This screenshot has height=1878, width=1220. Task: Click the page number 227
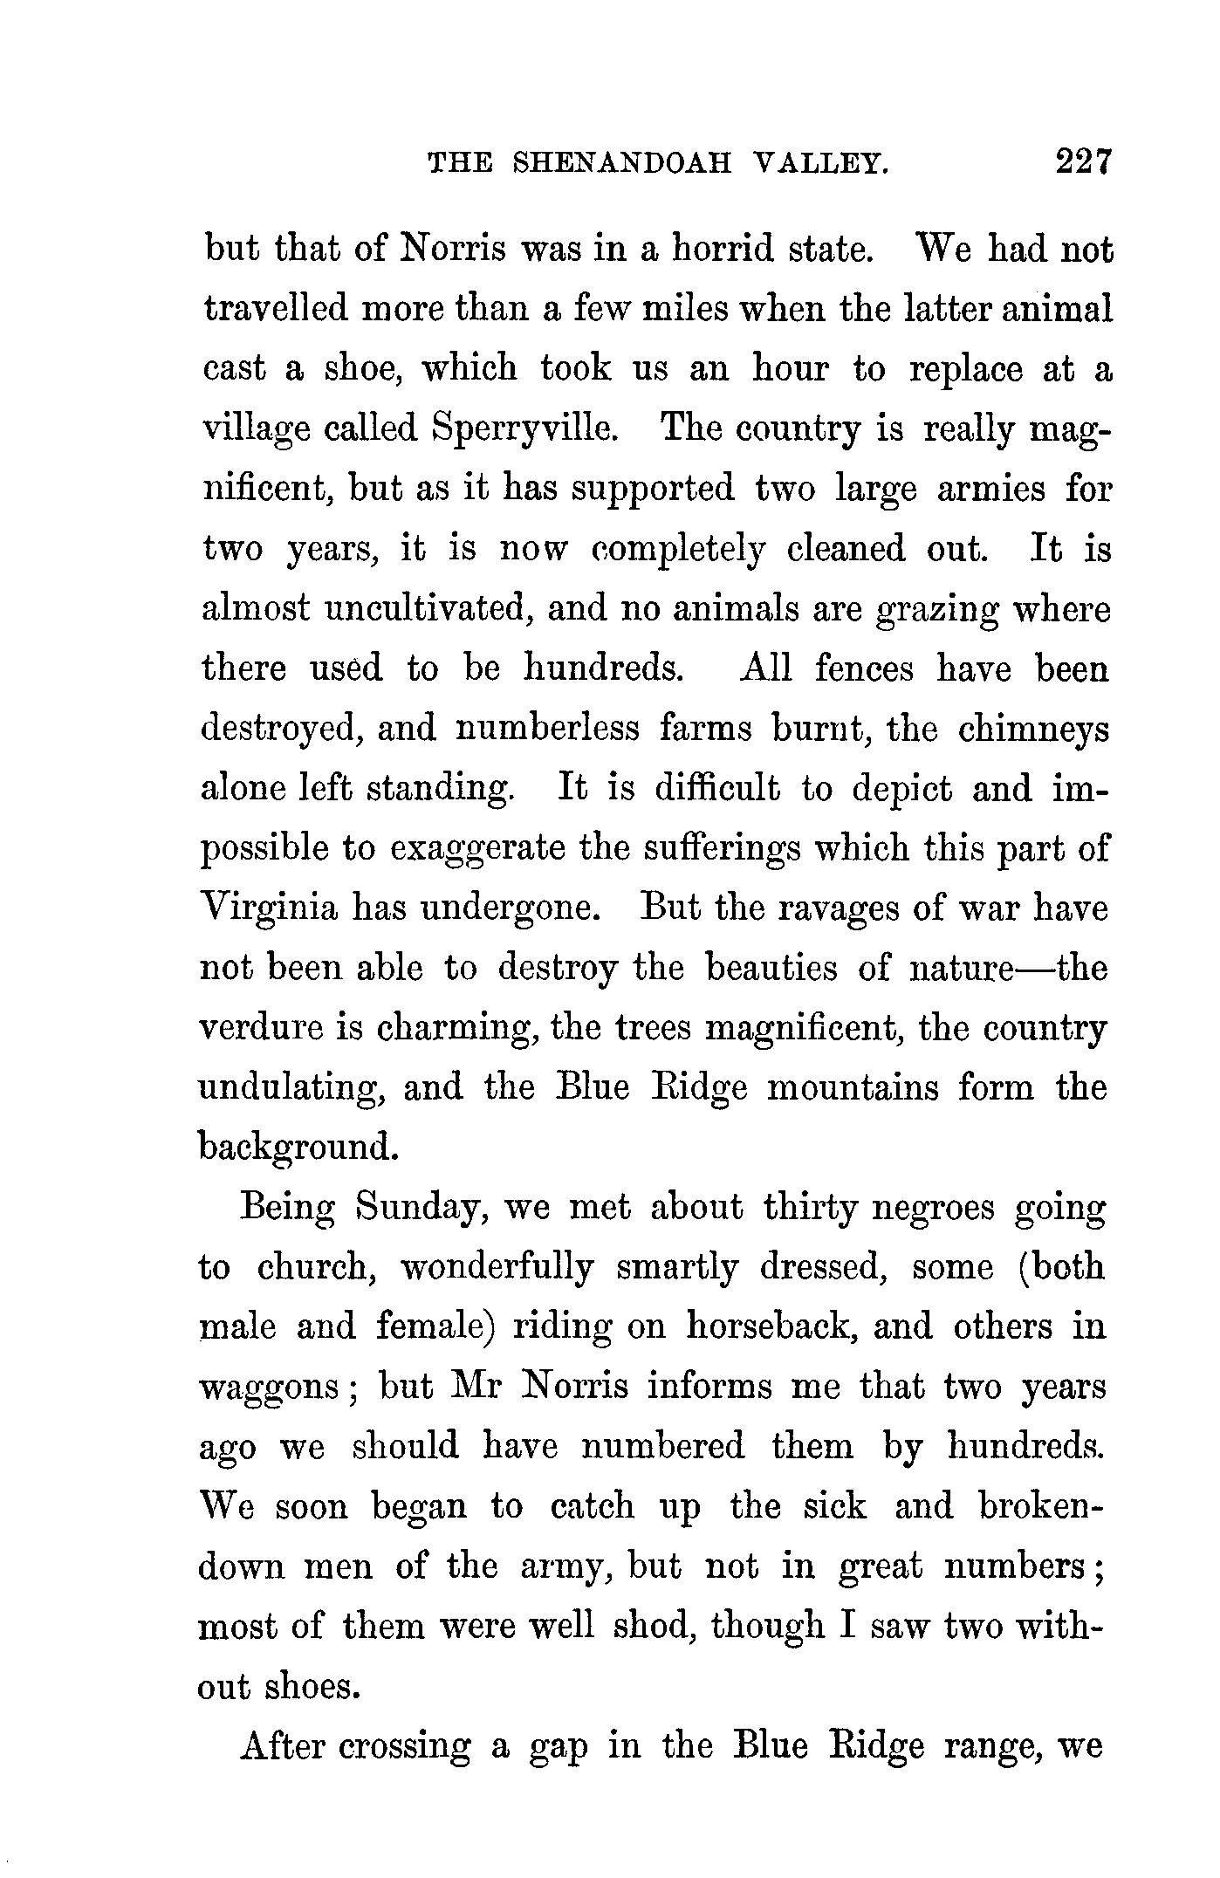click(1083, 162)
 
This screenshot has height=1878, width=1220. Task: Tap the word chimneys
click(1033, 728)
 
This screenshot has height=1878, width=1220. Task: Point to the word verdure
click(257, 1028)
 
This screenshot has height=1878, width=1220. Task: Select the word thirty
click(811, 1208)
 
